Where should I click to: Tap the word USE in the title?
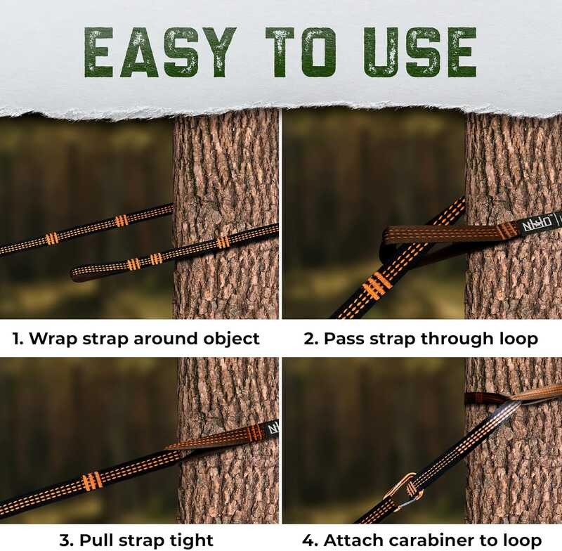pos(419,52)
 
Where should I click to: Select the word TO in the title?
pos(301,52)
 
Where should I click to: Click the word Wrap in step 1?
pos(53,339)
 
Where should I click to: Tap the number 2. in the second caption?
pos(311,339)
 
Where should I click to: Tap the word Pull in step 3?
pos(94,540)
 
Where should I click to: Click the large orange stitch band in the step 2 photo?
pos(376,286)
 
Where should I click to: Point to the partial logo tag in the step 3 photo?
pos(273,429)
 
